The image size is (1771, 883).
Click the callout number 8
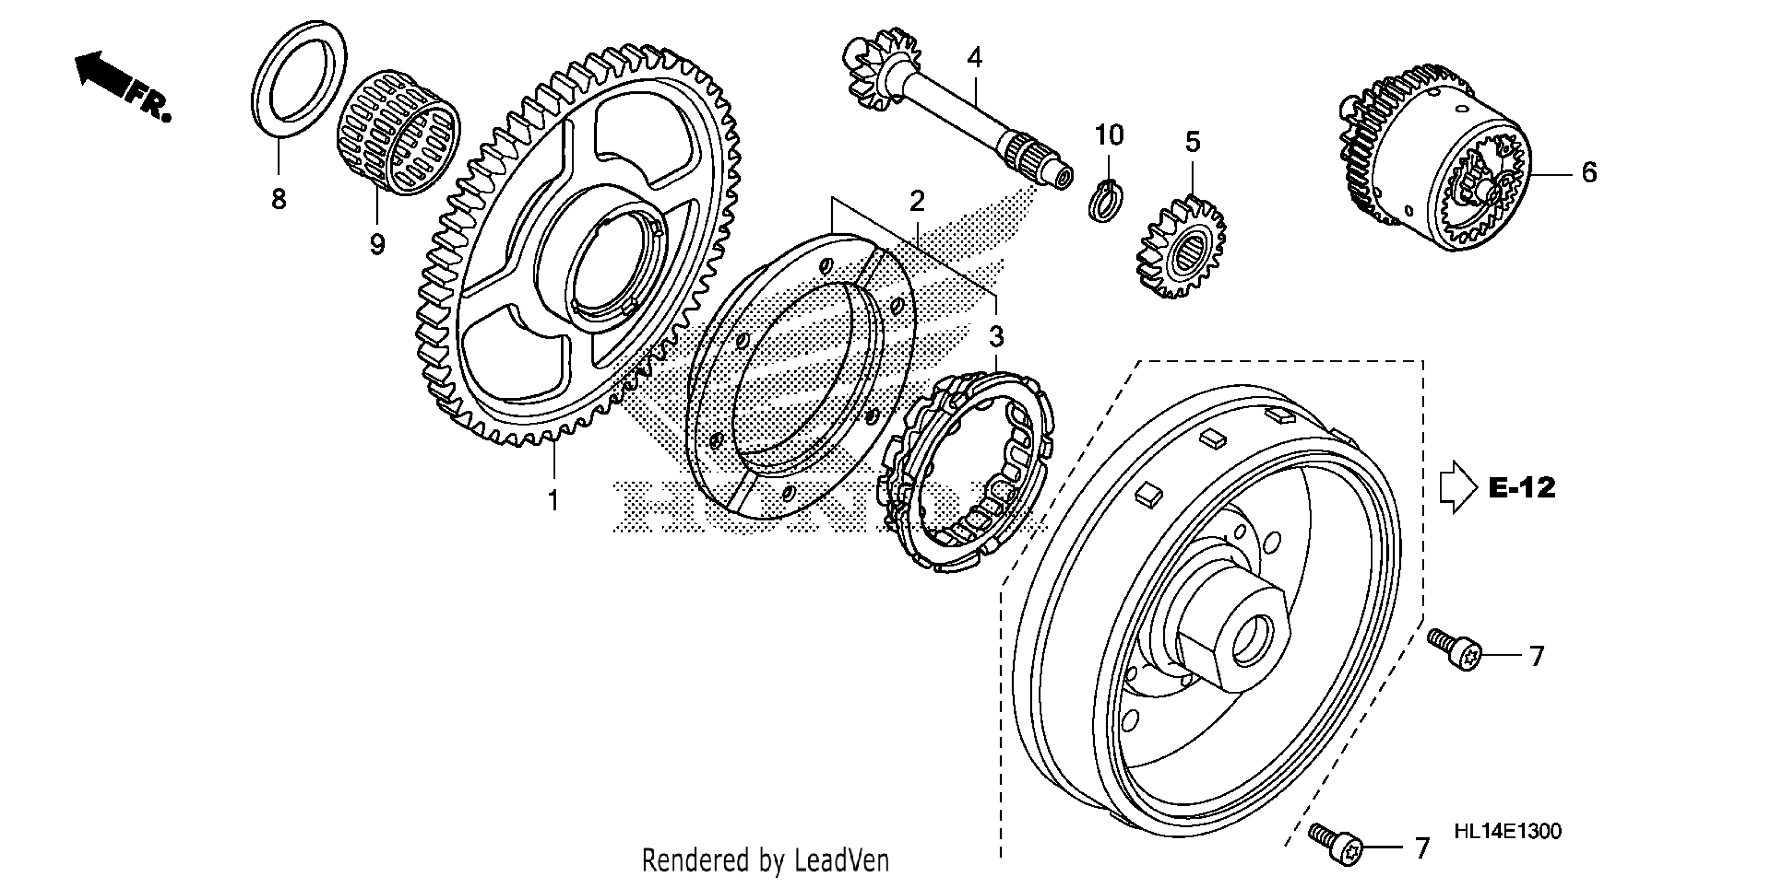coord(279,199)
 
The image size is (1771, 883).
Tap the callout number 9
coord(377,244)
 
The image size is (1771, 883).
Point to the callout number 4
coord(975,58)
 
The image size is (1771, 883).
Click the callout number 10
coord(1109,136)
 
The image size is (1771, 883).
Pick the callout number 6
coord(1589,172)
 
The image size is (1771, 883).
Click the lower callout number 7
coord(1422,849)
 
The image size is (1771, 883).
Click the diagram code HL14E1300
coord(1507,832)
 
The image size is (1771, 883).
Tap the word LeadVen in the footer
coord(841,860)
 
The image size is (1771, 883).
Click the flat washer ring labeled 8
coord(298,79)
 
